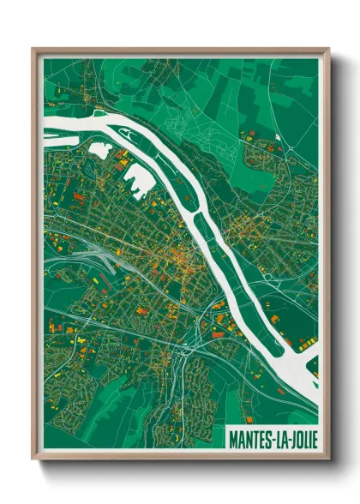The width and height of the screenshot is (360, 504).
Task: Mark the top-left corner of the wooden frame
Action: pos(33,49)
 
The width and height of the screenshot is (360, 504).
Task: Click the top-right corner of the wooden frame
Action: pos(329,49)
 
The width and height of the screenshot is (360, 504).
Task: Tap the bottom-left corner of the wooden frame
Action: pos(33,461)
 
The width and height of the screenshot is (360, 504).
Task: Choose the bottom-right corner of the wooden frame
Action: pos(329,461)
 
